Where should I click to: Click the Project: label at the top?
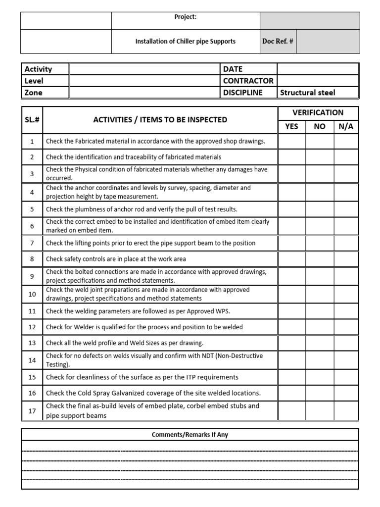pos(186,17)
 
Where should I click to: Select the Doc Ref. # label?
pos(278,42)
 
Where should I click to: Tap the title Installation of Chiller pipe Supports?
pos(186,42)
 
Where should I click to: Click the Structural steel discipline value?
pos(307,93)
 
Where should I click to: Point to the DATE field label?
pos(233,69)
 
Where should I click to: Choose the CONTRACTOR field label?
pos(248,81)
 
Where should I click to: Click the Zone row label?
pos(34,93)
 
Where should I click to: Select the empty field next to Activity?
pos(144,69)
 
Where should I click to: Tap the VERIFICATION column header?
pos(318,113)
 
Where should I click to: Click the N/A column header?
pos(346,127)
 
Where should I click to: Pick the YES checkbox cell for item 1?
pos(291,142)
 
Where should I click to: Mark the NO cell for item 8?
pos(320,259)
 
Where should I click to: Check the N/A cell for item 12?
pos(346,327)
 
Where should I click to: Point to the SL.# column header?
pos(32,120)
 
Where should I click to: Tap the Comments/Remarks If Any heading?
pos(190,435)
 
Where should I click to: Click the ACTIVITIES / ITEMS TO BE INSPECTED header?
pos(160,120)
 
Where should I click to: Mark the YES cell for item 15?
pos(291,377)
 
